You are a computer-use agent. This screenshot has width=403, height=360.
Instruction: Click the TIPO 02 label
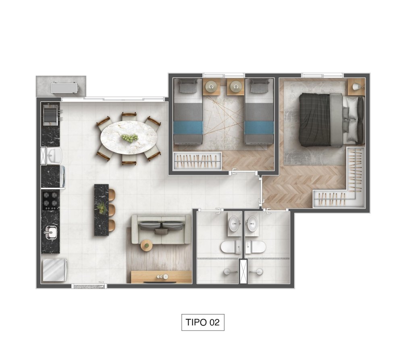(203, 322)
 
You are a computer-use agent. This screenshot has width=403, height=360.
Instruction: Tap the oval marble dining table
(129, 138)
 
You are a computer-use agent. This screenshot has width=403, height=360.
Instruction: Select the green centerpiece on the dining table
(129, 138)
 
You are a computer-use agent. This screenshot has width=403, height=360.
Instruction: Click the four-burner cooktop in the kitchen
(51, 199)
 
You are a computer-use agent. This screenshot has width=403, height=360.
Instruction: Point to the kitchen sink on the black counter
(51, 232)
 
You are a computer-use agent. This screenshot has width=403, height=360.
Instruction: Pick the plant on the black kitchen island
(101, 208)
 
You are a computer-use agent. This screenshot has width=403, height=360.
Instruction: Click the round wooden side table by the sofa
(147, 246)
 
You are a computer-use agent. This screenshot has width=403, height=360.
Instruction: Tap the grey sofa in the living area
(162, 229)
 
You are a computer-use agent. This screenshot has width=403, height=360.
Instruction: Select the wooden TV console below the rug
(161, 277)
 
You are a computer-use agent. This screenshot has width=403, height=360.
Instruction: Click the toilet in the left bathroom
(231, 247)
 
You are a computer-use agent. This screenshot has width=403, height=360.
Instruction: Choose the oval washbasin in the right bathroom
(252, 223)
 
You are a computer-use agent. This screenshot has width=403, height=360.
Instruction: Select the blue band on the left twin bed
(188, 128)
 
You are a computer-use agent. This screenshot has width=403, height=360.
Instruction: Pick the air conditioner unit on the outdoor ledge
(64, 88)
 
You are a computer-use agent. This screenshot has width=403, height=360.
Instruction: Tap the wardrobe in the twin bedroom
(197, 161)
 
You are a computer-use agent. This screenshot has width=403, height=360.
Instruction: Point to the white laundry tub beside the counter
(54, 155)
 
